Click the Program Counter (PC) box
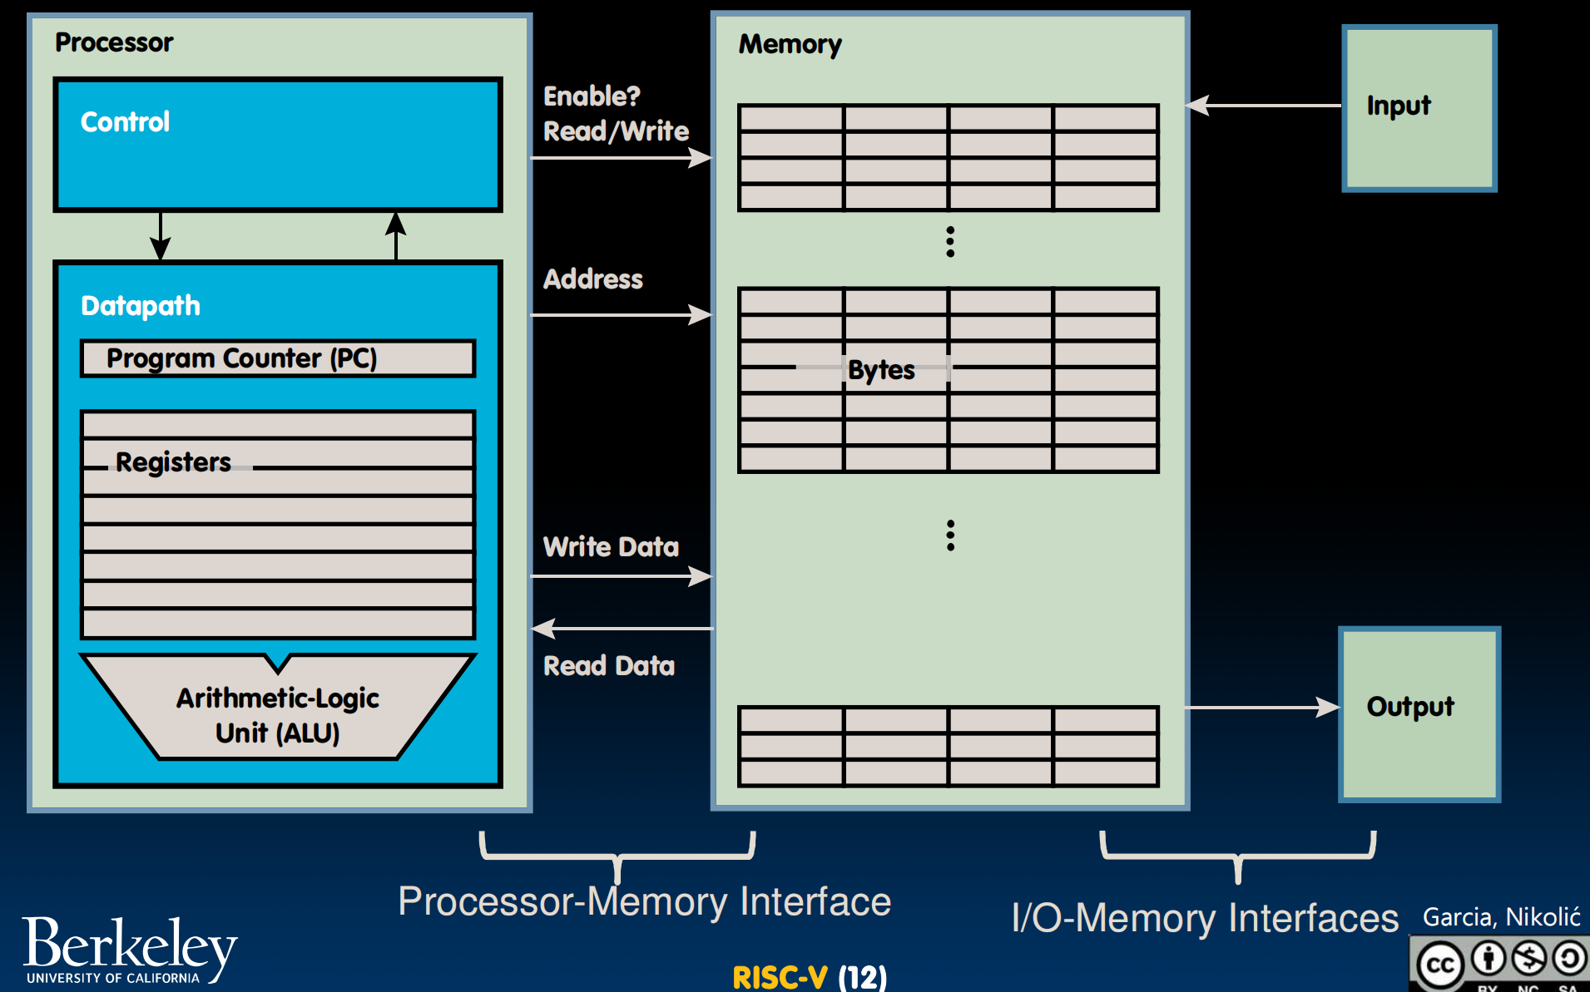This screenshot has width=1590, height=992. point(278,358)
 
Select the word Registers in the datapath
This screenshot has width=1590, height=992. point(173,462)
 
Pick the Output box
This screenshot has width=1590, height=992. point(1419,713)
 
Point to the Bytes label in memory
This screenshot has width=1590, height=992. point(881,370)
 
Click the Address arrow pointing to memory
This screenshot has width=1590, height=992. point(621,315)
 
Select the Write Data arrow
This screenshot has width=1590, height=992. point(621,575)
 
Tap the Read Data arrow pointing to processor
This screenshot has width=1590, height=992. point(621,629)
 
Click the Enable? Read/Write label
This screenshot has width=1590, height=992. point(616,114)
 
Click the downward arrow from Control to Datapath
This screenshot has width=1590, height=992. point(161,236)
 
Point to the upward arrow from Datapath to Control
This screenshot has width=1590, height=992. point(396,236)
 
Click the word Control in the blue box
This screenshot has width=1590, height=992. point(125,122)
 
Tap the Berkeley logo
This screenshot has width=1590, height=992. point(129,950)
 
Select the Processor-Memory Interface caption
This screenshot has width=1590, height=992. point(644,902)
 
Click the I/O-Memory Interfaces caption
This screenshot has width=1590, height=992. point(1205,919)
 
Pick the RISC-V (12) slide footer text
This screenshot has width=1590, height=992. point(810,977)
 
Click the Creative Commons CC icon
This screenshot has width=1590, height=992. point(1440,965)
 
